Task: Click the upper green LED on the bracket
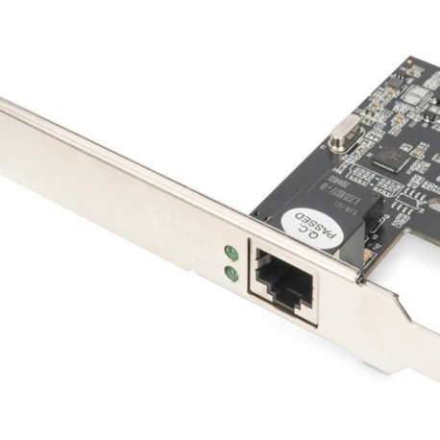(231, 255)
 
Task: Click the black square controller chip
(390, 155)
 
